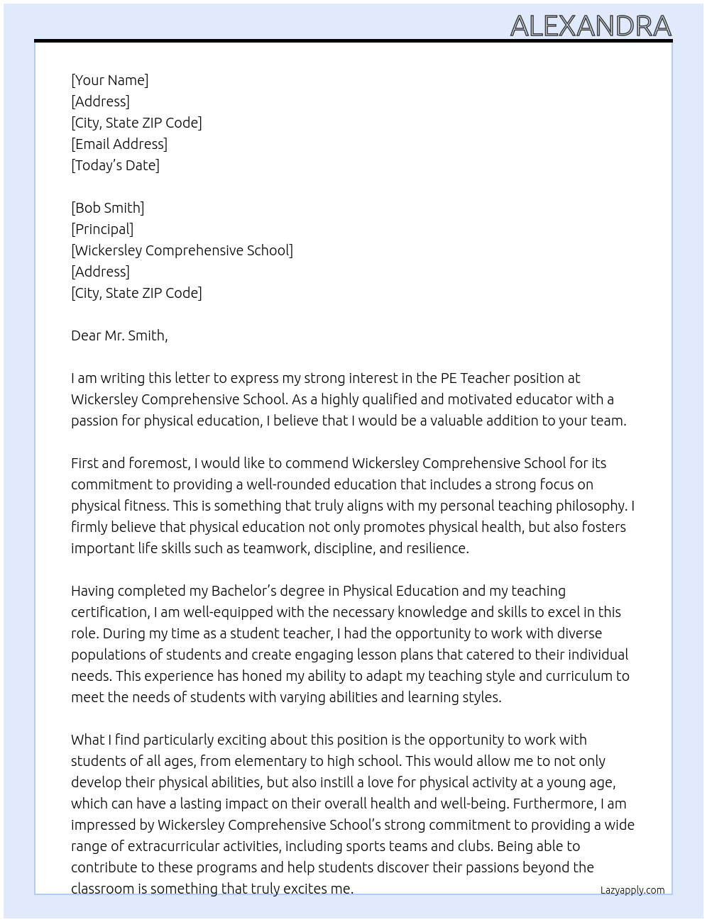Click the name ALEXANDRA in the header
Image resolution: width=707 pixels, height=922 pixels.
pos(591,26)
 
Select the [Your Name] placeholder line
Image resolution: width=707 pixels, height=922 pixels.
pos(109,80)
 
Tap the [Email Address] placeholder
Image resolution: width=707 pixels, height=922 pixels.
pos(119,144)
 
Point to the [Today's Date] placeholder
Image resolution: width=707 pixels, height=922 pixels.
pos(115,165)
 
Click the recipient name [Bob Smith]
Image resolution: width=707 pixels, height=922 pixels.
pos(107,208)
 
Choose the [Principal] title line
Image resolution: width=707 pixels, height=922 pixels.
pos(102,229)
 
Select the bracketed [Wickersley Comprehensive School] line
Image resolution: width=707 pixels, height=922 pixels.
pos(182,250)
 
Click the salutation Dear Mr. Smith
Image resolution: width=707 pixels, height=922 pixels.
pos(119,335)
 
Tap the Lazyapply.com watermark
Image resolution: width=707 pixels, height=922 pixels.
pos(632,890)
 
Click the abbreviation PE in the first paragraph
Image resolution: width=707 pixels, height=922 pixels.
pos(449,378)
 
